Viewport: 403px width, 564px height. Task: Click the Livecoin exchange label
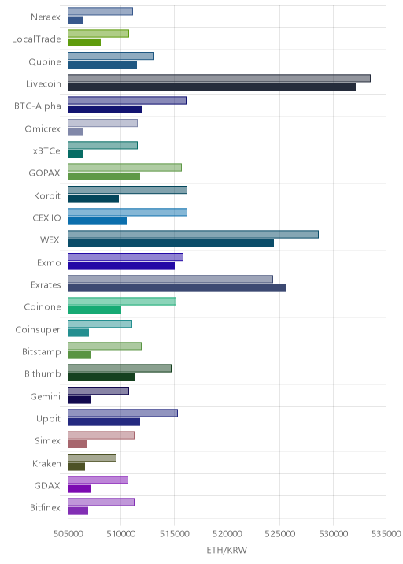coord(43,83)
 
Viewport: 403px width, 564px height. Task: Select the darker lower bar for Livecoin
coord(212,87)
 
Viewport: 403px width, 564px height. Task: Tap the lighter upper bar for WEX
coord(193,235)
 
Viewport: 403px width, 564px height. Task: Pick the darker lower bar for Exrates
coord(176,288)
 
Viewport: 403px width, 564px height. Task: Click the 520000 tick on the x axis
coord(227,533)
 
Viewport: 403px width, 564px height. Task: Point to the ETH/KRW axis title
coord(227,550)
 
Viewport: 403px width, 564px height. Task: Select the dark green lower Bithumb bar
coord(101,377)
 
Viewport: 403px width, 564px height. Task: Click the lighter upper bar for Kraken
coord(92,458)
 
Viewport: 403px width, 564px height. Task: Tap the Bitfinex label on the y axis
coord(46,507)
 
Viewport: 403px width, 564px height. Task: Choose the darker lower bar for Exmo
coord(121,265)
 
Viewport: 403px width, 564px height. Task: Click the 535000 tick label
coord(386,533)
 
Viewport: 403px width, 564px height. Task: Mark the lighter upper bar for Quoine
coord(111,56)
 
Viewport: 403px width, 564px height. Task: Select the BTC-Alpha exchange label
coord(38,106)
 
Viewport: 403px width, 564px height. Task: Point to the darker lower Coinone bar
coord(94,310)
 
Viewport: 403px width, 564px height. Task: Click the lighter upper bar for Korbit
coord(128,190)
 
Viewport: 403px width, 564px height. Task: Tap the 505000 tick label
coord(68,533)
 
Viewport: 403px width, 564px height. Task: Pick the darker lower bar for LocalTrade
coord(84,43)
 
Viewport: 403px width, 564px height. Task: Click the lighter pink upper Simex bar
coord(101,436)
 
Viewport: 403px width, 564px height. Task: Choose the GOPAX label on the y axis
coord(45,173)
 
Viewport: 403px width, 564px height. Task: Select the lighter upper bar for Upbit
coord(123,413)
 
